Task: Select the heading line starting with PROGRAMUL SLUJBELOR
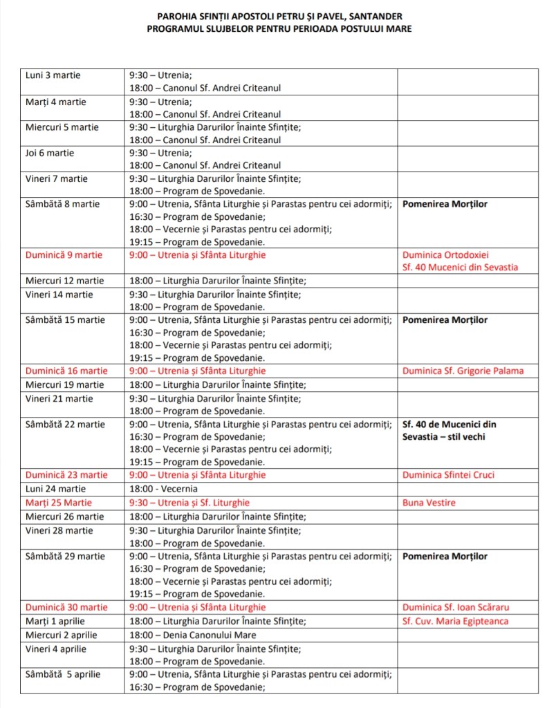279,28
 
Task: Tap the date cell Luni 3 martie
53,75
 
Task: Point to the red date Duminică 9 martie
64,255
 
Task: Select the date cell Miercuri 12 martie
64,281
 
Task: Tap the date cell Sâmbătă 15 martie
65,320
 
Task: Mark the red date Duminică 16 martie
66,371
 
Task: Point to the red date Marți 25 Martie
58,503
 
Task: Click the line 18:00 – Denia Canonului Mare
192,635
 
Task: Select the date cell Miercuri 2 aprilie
62,635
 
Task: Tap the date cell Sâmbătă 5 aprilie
63,674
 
